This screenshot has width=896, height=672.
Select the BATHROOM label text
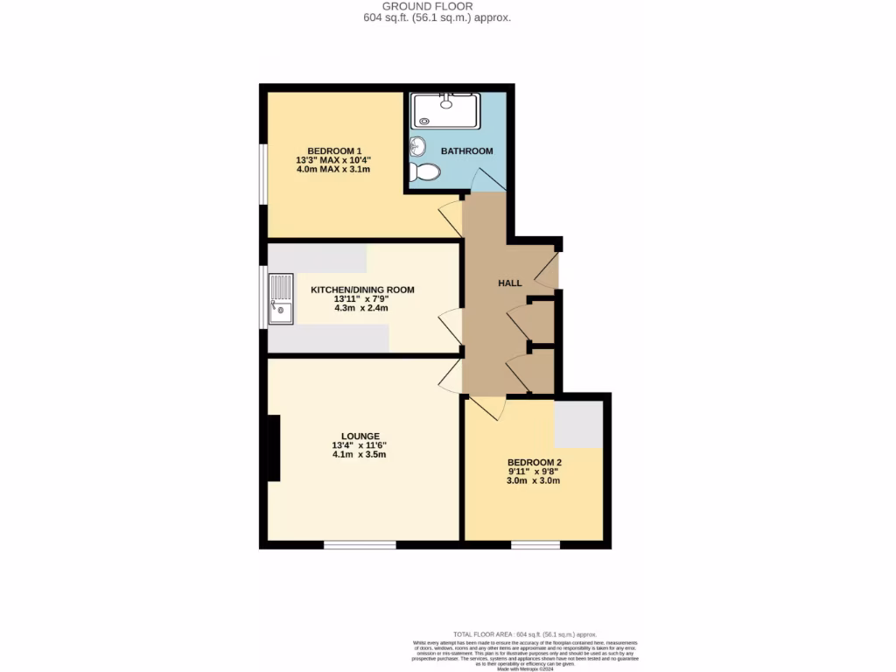(x=466, y=151)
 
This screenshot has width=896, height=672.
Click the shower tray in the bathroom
(x=445, y=111)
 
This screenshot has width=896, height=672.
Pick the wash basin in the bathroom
(x=416, y=145)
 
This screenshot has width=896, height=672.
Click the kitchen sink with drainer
(x=281, y=299)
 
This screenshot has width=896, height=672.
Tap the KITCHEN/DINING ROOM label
(x=362, y=290)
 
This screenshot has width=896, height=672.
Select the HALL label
(x=509, y=283)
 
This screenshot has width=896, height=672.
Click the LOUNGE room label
(x=360, y=436)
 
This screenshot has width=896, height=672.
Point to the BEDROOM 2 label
(x=534, y=462)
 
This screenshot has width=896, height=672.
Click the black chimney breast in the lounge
(x=273, y=448)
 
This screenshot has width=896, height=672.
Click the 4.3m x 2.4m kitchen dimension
(x=361, y=308)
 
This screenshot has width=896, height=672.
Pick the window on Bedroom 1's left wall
(x=262, y=175)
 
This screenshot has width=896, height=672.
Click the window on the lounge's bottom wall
(x=360, y=545)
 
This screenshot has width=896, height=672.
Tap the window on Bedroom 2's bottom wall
(x=535, y=545)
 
